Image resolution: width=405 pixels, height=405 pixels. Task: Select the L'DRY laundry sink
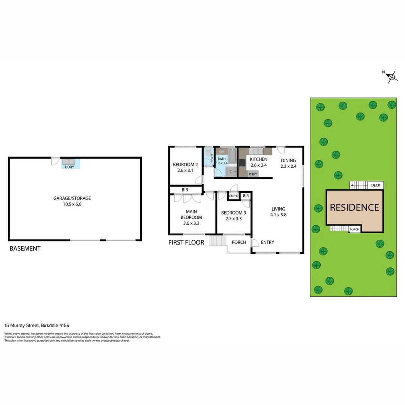(69, 162)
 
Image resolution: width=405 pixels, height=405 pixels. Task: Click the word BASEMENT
(25, 248)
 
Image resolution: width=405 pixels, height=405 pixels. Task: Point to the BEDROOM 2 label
(185, 164)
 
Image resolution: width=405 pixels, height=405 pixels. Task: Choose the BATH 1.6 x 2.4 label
(222, 161)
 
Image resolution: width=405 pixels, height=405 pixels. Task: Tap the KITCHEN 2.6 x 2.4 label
(258, 162)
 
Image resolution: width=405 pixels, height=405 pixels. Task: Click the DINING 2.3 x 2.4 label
(288, 163)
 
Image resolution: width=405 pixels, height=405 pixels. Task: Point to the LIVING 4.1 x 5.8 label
(278, 212)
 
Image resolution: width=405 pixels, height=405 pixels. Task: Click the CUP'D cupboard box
(234, 196)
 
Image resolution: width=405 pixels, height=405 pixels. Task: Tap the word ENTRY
(267, 242)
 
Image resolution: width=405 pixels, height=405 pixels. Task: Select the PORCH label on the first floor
(239, 242)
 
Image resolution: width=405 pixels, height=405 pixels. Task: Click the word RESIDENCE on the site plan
(354, 207)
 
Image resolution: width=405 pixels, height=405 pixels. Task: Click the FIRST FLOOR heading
(186, 242)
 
